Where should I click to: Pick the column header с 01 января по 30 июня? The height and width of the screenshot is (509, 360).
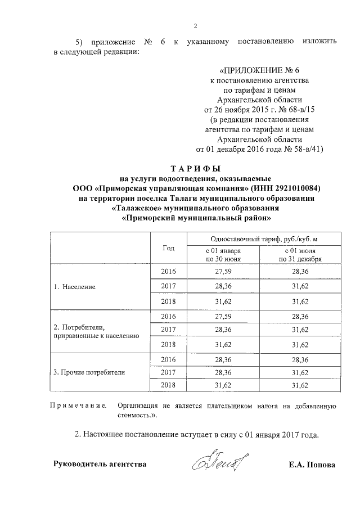pos(223,254)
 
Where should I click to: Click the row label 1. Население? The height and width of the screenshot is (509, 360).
pos(74,286)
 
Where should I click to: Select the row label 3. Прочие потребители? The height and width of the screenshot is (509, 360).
pos(88,372)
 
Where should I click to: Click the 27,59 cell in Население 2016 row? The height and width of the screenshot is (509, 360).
pos(223,271)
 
